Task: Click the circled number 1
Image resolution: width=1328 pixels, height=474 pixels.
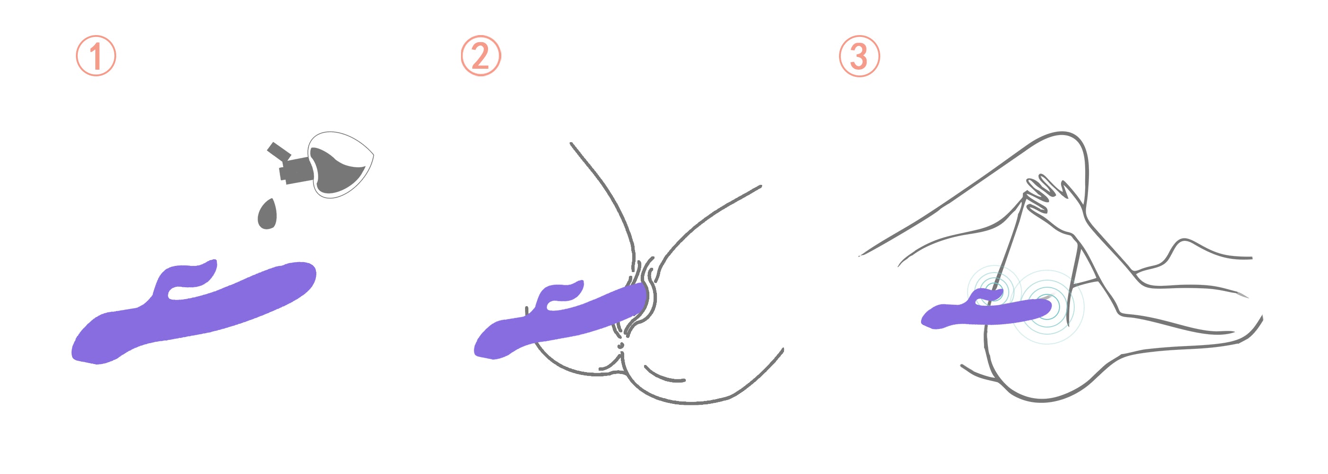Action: point(96,55)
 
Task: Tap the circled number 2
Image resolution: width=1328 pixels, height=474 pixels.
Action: point(480,55)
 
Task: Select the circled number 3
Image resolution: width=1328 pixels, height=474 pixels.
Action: point(859,55)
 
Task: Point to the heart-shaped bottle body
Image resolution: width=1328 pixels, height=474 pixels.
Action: point(340,165)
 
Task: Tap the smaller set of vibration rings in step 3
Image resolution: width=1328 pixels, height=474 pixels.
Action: point(993,292)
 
